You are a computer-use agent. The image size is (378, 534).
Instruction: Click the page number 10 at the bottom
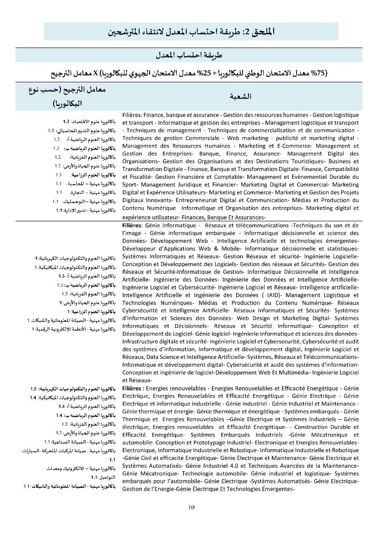point(191,507)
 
